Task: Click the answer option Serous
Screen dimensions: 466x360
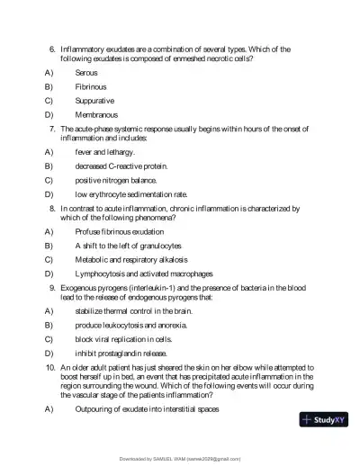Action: coord(86,71)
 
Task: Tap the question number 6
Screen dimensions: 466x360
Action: coord(52,48)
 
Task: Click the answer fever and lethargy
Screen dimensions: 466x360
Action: coord(104,152)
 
